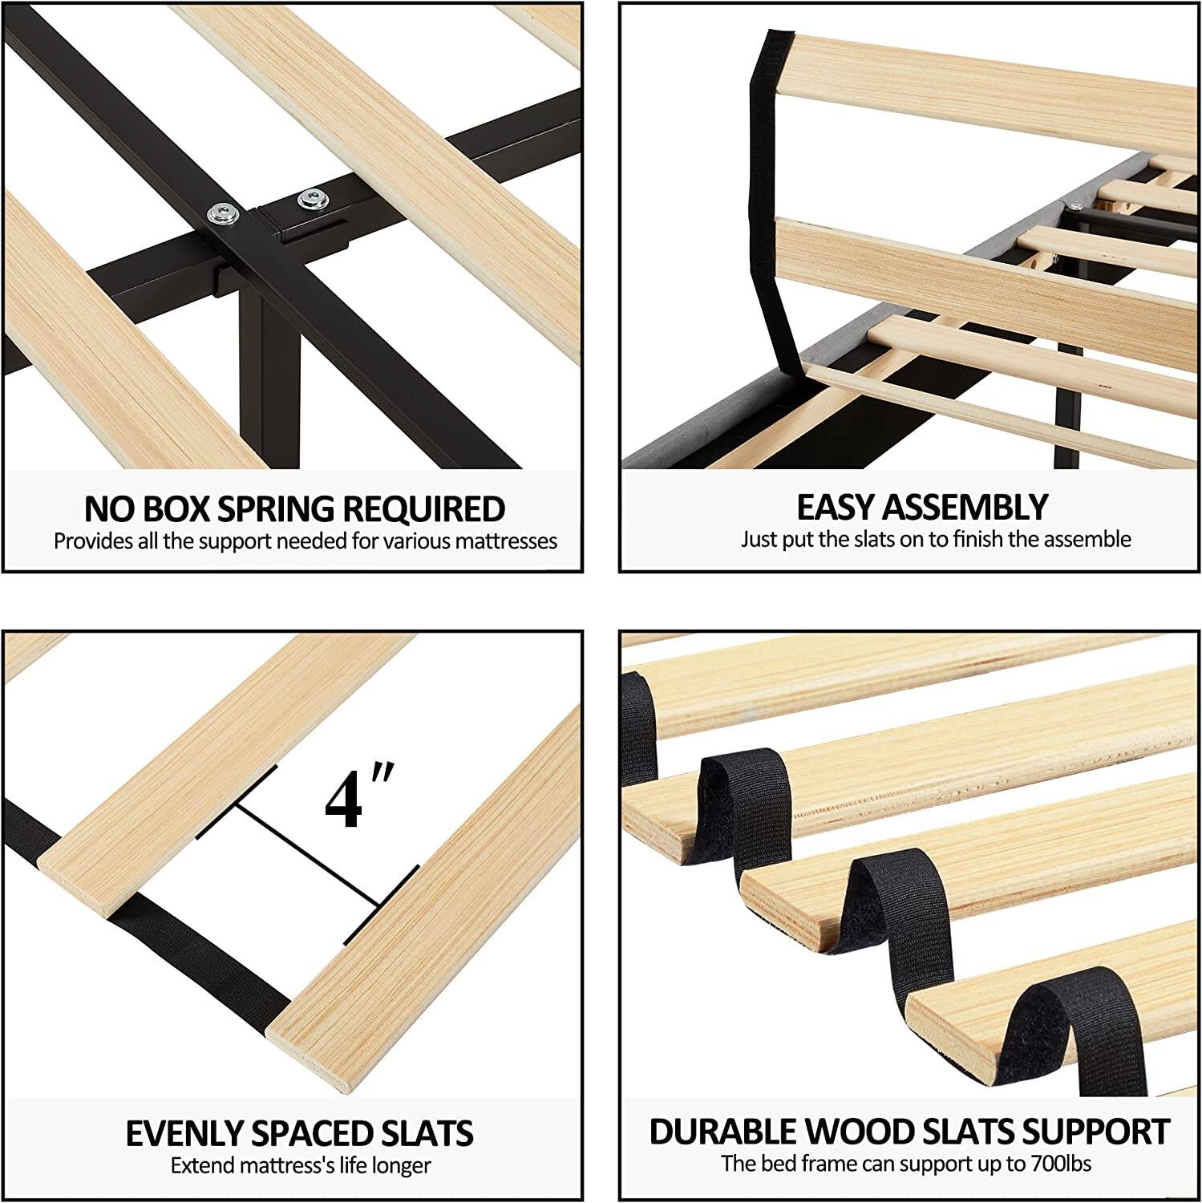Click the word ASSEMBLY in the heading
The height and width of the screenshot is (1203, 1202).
point(965,507)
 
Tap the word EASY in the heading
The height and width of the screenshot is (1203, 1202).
point(836,507)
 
